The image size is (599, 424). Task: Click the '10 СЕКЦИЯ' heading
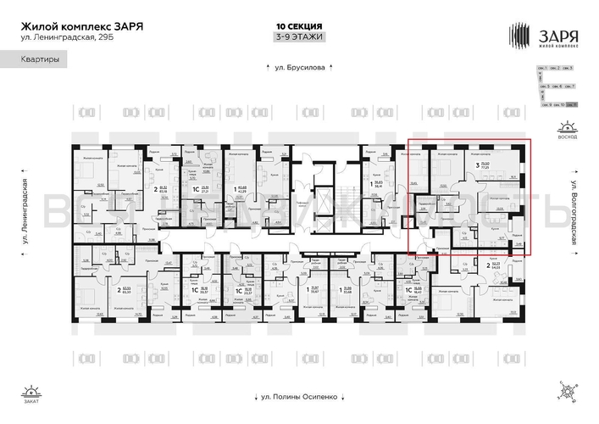point(298,26)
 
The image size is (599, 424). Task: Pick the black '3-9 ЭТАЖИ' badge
point(298,38)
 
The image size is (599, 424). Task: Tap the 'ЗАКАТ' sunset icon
point(31,393)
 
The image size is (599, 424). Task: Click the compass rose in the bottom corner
point(565,392)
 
